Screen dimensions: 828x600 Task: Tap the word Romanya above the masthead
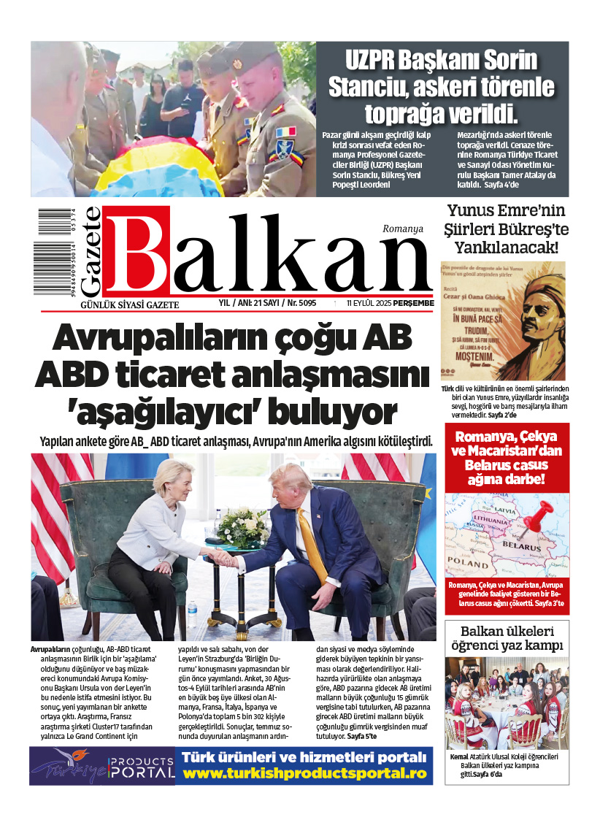click(402, 229)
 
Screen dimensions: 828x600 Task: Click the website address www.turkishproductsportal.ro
click(304, 773)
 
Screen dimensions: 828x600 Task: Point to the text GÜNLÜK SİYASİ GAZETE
click(119, 304)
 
